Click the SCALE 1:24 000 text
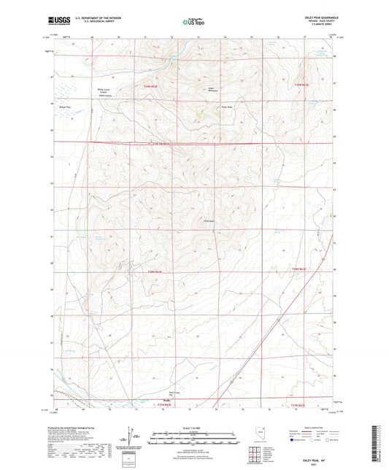pos(193,427)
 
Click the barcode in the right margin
pos(381,446)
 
